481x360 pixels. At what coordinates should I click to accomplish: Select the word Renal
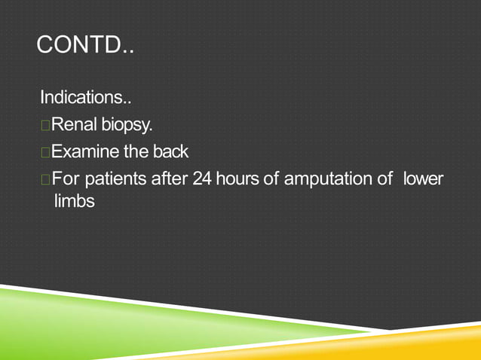pyautogui.click(x=75, y=125)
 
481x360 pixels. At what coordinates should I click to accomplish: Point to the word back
pyautogui.click(x=170, y=152)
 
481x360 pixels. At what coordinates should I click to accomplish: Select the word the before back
pyautogui.click(x=136, y=152)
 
